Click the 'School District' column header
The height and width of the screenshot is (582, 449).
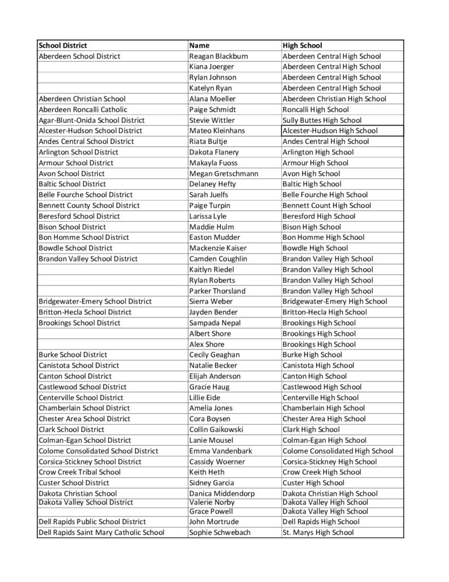pyautogui.click(x=63, y=45)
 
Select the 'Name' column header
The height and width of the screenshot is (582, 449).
pyautogui.click(x=199, y=45)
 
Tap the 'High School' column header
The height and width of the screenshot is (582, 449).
pyautogui.click(x=302, y=45)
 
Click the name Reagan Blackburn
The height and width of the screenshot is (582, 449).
pyautogui.click(x=219, y=56)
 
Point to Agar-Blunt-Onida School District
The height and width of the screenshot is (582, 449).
pyautogui.click(x=91, y=120)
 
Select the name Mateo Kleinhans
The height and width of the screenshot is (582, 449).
pyautogui.click(x=217, y=131)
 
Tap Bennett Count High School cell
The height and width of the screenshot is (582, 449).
pyautogui.click(x=327, y=205)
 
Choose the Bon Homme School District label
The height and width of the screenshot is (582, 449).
pyautogui.click(x=83, y=237)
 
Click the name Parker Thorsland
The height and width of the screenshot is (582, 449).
pyautogui.click(x=217, y=290)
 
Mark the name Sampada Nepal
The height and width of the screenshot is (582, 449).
pyautogui.click(x=215, y=323)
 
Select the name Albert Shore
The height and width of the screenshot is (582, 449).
pyautogui.click(x=210, y=333)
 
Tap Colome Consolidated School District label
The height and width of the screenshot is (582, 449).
pyautogui.click(x=98, y=451)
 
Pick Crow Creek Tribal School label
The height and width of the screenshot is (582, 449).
pyautogui.click(x=79, y=472)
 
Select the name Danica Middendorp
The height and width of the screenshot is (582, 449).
pyautogui.click(x=222, y=493)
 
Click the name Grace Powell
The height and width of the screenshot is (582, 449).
pyautogui.click(x=212, y=511)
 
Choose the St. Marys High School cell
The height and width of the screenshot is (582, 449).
pyautogui.click(x=318, y=532)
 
